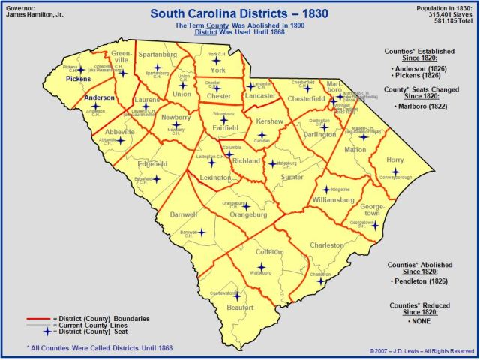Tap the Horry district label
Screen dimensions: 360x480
coord(395,160)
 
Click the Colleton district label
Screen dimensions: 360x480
coord(268,252)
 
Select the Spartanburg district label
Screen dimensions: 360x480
coord(157,55)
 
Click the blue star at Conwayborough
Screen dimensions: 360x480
coord(395,172)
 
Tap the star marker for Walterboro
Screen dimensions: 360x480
coord(262,266)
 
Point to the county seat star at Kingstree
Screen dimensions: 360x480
coord(326,189)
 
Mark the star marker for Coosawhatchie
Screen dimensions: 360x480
coord(236,296)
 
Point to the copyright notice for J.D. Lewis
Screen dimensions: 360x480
coord(421,350)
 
